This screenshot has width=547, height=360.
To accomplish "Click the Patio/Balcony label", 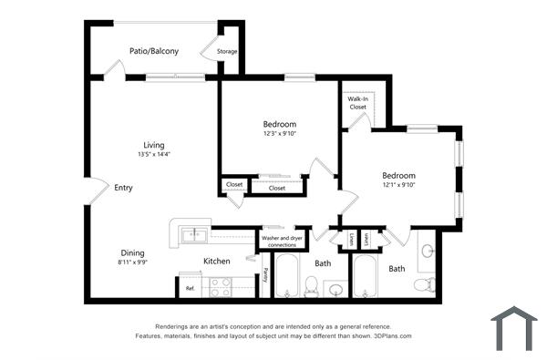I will (153, 51).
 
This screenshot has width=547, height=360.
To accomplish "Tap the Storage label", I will (227, 51).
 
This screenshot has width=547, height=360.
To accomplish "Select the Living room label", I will (153, 145).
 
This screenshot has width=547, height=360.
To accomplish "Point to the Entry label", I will (123, 188).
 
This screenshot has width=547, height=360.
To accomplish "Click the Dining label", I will (132, 252).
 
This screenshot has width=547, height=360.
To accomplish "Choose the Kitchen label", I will (216, 262).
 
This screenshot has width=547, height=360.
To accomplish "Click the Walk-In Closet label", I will (357, 103).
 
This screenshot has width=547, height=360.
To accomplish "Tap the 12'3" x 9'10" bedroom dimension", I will (280, 133).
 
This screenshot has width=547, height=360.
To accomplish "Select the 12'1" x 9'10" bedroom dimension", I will (398, 185).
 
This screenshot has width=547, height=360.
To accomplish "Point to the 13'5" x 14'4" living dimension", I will (153, 154).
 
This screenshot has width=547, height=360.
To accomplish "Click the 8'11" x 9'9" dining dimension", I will (132, 262).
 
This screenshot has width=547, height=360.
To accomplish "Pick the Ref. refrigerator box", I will (191, 289).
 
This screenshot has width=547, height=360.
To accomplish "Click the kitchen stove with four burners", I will (222, 288).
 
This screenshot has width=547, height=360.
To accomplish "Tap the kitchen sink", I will (193, 236).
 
